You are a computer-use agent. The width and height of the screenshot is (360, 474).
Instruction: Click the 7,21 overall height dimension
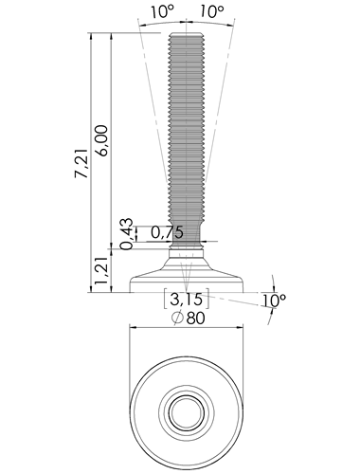coord(81,163)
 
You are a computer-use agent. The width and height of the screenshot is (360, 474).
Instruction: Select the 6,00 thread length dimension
coord(102,141)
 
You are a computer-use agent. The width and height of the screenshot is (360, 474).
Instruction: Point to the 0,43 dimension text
coord(127,234)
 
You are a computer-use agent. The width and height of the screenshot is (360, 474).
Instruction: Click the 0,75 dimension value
coord(167,232)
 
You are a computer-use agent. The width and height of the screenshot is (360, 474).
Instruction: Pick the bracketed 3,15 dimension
coord(186,299)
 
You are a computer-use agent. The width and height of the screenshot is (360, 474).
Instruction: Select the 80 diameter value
coord(195,319)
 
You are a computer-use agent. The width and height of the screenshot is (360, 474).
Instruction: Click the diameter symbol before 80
coord(178,318)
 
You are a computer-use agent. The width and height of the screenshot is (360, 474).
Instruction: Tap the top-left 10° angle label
coord(162,12)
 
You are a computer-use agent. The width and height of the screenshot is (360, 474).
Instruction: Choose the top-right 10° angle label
coord(212,12)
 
